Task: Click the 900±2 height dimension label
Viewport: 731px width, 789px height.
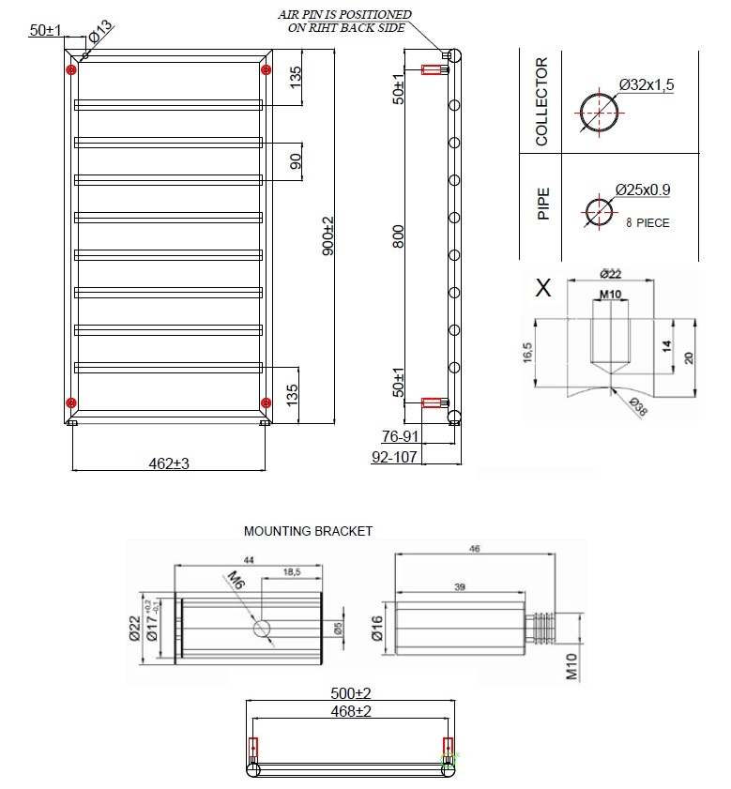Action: pos(327,235)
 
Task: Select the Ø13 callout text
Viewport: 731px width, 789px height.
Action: pos(99,30)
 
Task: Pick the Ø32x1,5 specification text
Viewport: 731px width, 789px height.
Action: pos(647,85)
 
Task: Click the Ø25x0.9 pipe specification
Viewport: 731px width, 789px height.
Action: pos(643,190)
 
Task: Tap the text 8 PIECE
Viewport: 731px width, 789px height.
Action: pos(647,223)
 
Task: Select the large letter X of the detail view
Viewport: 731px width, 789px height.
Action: pos(542,287)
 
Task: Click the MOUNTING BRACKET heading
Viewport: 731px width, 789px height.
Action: pos(308,531)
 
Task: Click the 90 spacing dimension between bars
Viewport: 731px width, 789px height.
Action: pos(296,160)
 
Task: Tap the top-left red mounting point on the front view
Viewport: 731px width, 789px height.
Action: pos(71,69)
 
